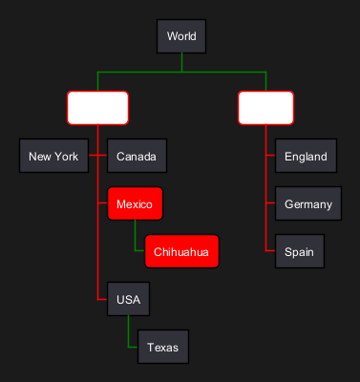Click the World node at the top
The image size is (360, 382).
pos(181,36)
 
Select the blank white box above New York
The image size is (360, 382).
pos(97,108)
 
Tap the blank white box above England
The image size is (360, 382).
pos(265,108)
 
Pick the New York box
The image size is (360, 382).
pos(53,156)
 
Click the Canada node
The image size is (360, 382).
pos(137,156)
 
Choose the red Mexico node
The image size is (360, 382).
pos(135,203)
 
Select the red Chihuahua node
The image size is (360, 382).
pos(181,251)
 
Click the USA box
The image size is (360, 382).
pos(128,299)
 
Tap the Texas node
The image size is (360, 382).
pos(163,347)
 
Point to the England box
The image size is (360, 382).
pos(306,156)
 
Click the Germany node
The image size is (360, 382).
pos(308,203)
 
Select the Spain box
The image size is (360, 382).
pos(300,251)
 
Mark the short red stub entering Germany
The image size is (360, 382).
pos(270,202)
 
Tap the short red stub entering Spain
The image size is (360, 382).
pos(270,251)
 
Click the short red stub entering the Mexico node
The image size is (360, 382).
pos(102,202)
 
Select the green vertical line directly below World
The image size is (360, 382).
pos(181,62)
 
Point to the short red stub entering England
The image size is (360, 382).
pos(270,155)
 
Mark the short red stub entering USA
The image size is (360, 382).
pos(102,299)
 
